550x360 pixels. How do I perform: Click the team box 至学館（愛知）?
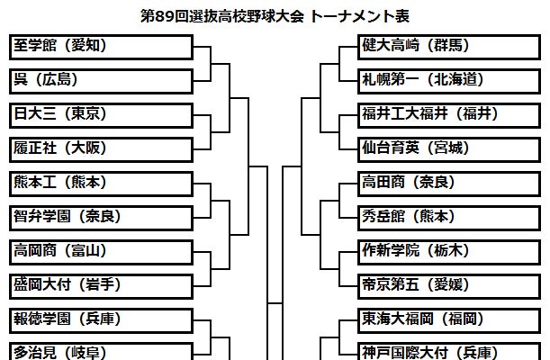click(100, 46)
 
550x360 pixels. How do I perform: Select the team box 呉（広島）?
click(100, 79)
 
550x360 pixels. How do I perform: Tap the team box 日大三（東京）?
click(100, 114)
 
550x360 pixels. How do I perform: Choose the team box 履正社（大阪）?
click(100, 148)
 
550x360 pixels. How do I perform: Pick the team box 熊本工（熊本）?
click(100, 183)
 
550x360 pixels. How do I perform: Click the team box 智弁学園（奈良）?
click(100, 217)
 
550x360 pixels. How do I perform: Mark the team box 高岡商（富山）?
click(100, 251)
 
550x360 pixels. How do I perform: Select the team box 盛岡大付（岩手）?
click(100, 285)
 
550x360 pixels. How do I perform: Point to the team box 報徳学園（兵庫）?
click(100, 319)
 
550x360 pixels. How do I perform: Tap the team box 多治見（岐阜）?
click(100, 351)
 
